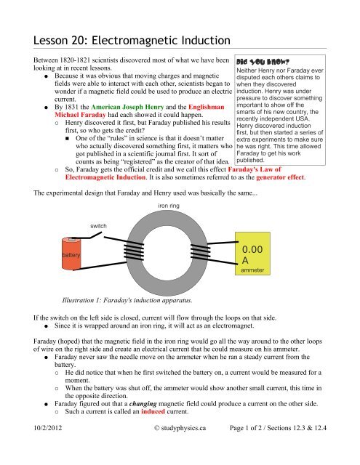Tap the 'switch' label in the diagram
pyautogui.click(x=98, y=227)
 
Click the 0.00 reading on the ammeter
pyautogui.click(x=256, y=249)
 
